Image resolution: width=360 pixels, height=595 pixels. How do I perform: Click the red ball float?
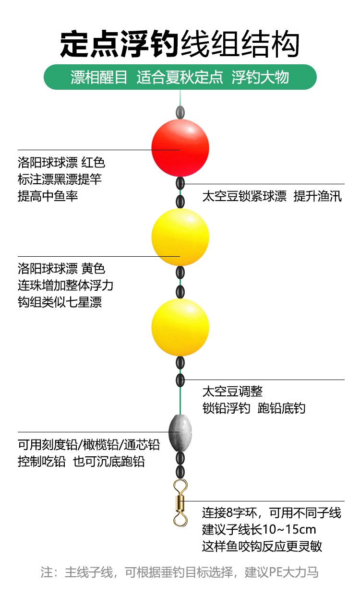(180, 148)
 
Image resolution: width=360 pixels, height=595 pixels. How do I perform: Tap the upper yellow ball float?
(180, 237)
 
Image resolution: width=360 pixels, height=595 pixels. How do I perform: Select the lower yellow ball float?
(180, 327)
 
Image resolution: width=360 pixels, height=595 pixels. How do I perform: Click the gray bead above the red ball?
(180, 112)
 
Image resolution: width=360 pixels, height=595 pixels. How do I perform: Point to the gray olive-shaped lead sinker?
(180, 433)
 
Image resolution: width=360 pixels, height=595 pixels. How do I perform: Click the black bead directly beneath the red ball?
(180, 183)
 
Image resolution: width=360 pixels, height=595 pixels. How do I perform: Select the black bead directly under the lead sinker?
(180, 458)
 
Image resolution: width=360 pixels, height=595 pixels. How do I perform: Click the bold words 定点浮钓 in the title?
(120, 44)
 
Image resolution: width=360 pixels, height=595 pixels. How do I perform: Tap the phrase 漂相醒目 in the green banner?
(99, 77)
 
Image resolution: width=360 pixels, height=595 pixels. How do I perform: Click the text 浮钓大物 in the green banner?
(260, 77)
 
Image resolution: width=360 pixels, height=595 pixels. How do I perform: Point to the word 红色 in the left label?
(93, 162)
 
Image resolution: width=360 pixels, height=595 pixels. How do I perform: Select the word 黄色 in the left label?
(93, 269)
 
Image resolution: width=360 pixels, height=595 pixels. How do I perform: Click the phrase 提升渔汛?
(317, 196)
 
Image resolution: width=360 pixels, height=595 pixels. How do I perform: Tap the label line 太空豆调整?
(232, 391)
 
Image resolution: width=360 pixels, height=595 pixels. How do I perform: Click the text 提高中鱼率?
(48, 196)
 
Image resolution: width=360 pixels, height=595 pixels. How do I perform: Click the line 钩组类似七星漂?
(60, 302)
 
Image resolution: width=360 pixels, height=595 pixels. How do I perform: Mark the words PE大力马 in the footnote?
(294, 572)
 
